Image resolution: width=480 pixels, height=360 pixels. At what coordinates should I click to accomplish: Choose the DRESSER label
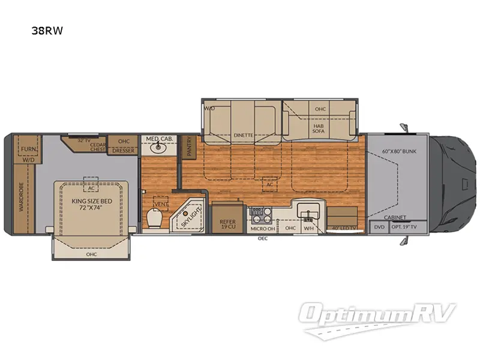tap(123, 151)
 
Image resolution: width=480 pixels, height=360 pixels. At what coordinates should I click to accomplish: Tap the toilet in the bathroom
tap(154, 220)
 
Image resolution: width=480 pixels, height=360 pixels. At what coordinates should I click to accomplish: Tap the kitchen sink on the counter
tap(310, 214)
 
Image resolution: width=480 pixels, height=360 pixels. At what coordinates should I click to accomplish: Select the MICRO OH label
tap(263, 228)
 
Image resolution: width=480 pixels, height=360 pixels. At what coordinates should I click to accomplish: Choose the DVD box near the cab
tap(379, 228)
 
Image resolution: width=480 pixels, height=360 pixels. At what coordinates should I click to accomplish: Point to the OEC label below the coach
tap(262, 239)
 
